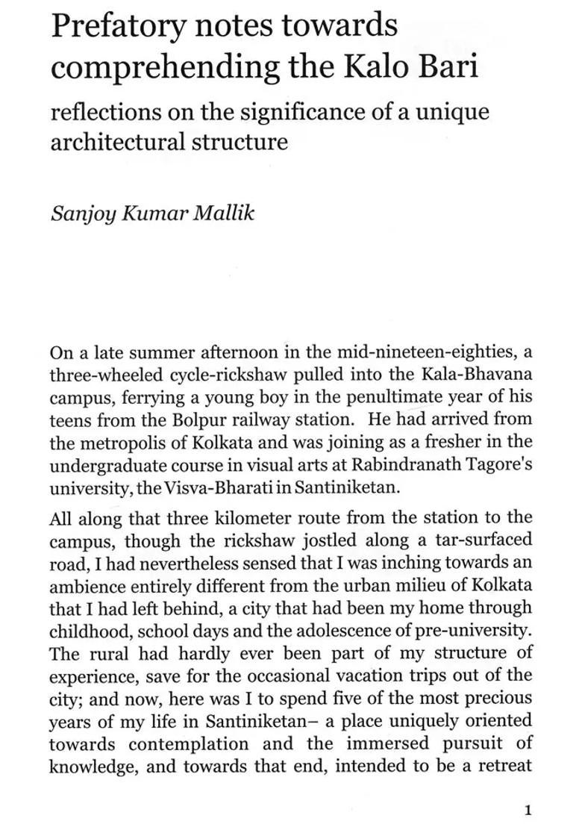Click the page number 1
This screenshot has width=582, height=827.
click(528, 810)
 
